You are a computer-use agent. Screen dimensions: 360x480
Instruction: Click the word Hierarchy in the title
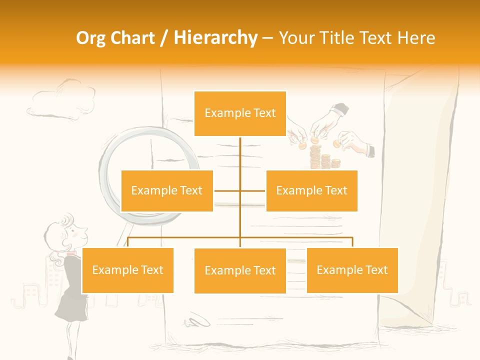[215, 38]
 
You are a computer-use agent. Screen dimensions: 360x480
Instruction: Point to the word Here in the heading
[416, 38]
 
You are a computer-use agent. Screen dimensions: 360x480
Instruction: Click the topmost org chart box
[240, 113]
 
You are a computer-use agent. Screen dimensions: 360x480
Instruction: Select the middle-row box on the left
[167, 190]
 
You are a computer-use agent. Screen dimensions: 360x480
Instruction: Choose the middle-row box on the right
[311, 190]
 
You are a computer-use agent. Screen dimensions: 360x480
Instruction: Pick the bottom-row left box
[127, 270]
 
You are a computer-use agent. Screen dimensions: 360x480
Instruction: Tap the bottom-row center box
[240, 270]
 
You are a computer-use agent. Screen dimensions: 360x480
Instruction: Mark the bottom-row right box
[352, 270]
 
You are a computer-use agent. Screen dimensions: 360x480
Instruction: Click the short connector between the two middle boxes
[240, 190]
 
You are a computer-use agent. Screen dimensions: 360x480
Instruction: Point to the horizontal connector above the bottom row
[240, 237]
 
